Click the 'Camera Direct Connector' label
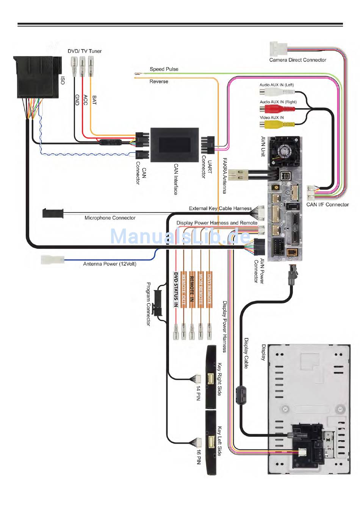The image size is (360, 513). pos(297,60)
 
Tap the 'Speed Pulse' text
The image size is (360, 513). pos(164,69)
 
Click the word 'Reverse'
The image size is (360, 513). pos(159,82)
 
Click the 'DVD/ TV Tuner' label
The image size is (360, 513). pos(85,51)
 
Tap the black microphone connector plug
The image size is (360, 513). pos(53,213)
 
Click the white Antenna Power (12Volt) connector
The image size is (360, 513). pos(52,260)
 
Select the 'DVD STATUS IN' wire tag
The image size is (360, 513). pos(176,289)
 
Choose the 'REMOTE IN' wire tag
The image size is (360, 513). pos(192,289)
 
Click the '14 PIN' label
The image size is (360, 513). pos(198,393)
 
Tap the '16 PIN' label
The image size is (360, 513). pos(198,457)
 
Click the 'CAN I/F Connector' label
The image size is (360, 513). pos(327,205)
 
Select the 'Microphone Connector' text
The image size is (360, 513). pos(110,218)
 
